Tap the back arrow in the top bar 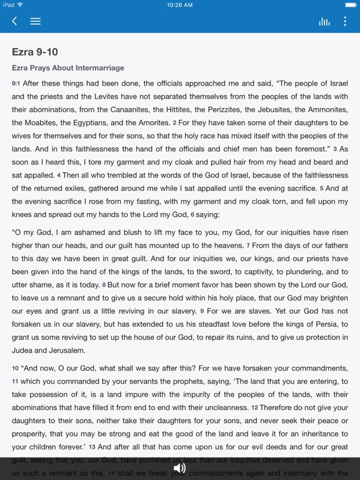14,21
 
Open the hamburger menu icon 36,21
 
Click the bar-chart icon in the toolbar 324,21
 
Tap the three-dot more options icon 344,21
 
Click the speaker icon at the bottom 180,467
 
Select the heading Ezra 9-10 35,52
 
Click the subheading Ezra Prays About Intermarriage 68,67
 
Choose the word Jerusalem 68,351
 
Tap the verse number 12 255,407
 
